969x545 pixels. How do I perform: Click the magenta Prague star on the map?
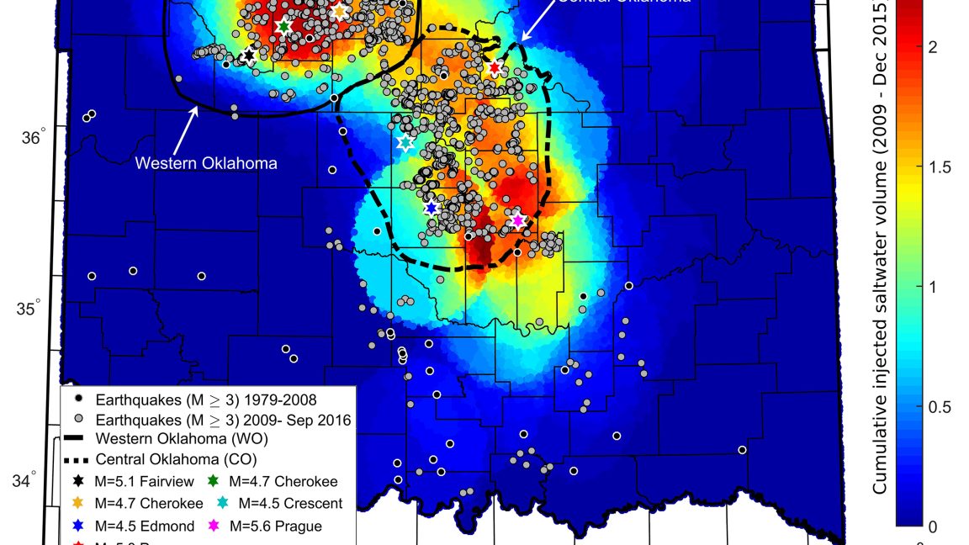tap(518, 220)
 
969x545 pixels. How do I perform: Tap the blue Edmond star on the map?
tap(431, 208)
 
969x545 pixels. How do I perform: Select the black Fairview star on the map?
tap(248, 56)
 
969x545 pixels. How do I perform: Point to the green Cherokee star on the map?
tap(283, 27)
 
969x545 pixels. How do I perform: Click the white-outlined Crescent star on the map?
tap(405, 142)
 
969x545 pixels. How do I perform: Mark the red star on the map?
tap(495, 68)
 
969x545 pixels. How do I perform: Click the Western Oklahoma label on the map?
tap(206, 163)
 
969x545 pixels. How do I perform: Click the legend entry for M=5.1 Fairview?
tap(135, 482)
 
